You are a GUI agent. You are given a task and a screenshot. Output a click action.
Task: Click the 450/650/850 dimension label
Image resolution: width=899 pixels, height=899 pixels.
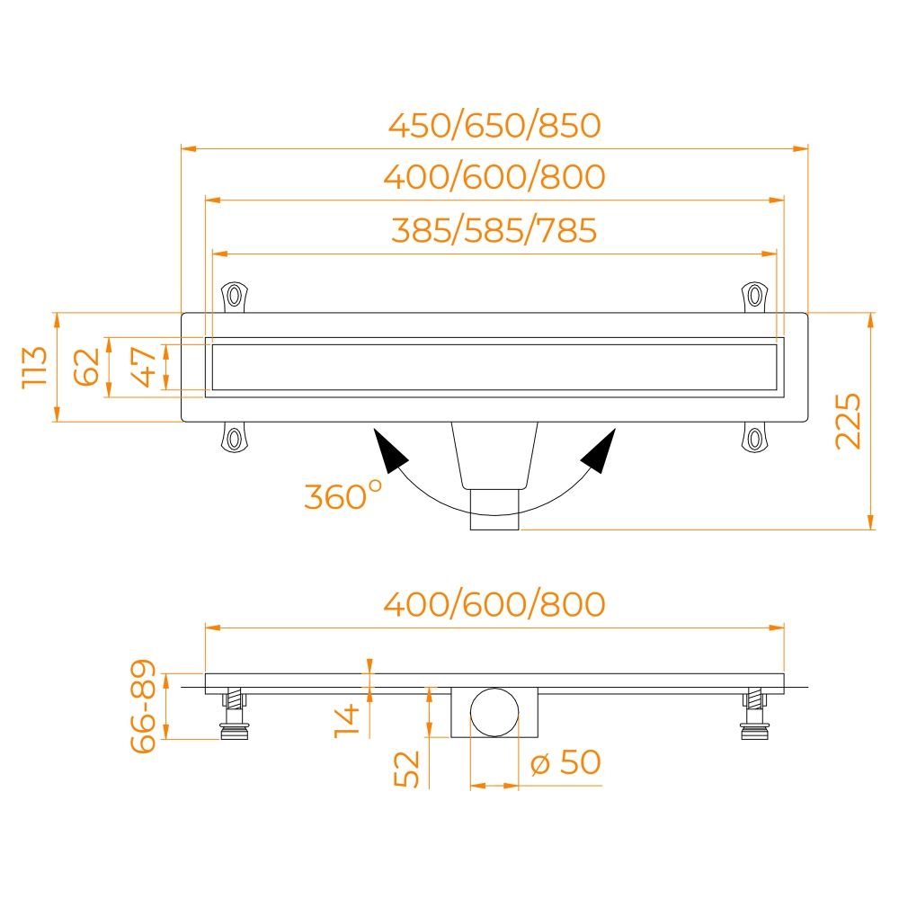point(494,126)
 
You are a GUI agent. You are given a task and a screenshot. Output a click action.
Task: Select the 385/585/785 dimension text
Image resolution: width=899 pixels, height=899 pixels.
point(494,230)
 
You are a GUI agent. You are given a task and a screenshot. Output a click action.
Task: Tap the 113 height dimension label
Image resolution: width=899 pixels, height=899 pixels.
point(34,368)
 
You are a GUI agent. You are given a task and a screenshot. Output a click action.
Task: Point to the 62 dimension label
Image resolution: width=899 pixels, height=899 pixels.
point(86,367)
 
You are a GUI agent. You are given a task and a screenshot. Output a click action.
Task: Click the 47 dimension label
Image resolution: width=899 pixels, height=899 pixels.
point(143,367)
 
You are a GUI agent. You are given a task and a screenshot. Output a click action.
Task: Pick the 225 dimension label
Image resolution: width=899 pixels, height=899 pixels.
point(848,421)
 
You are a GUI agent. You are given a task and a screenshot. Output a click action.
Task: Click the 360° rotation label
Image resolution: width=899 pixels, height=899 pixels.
point(343,495)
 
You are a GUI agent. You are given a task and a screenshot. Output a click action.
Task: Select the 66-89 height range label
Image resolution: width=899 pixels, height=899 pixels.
point(143,706)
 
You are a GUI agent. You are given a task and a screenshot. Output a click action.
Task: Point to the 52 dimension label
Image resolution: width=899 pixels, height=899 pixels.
point(407,769)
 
